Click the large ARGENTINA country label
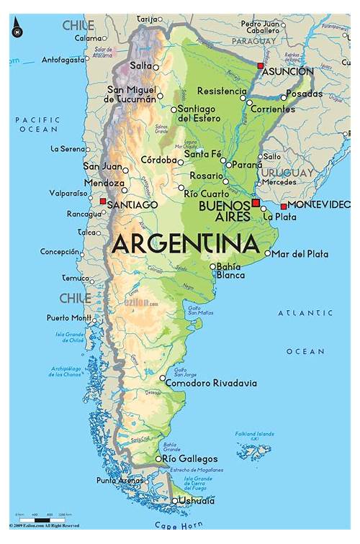pos(185,243)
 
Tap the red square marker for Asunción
pos(260,65)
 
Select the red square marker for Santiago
pos(103,201)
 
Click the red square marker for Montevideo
pos(284,207)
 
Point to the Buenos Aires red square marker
pos(255,204)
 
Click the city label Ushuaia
pos(197,501)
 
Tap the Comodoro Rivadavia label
pos(210,384)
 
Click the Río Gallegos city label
pos(190,458)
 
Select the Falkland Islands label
pos(255,434)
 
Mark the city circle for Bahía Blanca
pos(212,266)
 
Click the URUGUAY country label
pos(287,173)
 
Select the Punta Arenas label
pos(120,480)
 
